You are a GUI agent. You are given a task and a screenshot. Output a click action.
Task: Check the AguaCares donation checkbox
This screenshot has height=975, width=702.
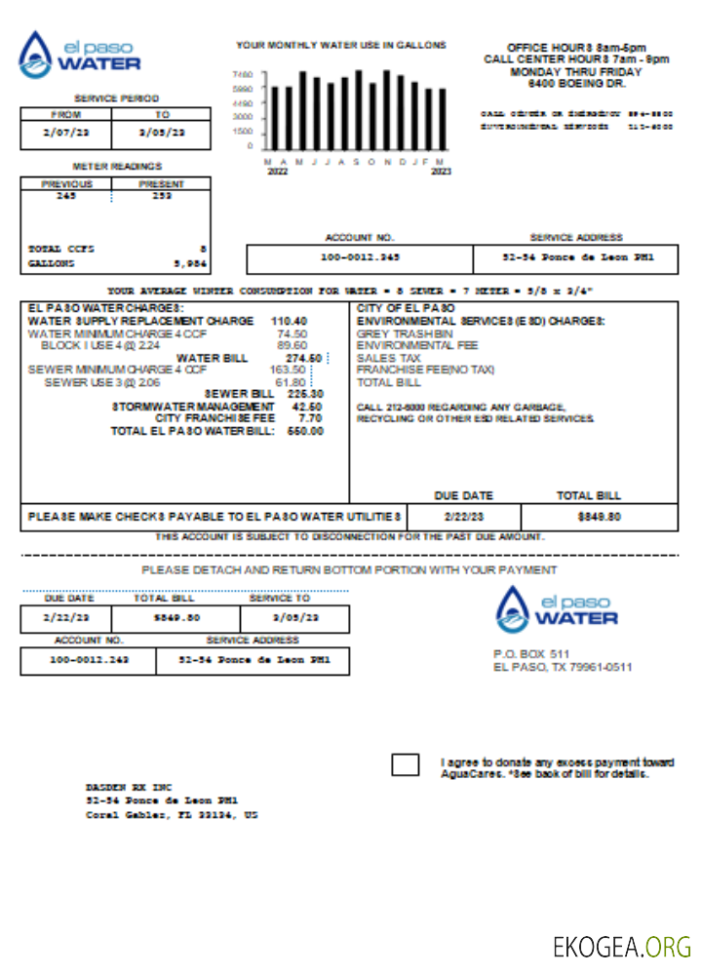[x=405, y=764]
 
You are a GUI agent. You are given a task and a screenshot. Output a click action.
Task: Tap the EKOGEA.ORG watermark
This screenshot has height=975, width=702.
[x=621, y=946]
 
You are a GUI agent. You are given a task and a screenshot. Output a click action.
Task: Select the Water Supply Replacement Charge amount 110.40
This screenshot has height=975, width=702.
[x=290, y=321]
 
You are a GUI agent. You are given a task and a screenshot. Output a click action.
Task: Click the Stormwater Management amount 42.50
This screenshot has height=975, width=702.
[x=307, y=407]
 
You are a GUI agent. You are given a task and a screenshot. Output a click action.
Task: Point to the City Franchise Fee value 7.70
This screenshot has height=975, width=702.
[x=311, y=418]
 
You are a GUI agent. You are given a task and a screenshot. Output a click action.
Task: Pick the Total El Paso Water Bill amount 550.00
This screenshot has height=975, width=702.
[x=305, y=431]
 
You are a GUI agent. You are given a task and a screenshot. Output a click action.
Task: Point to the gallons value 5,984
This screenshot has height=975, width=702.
[x=189, y=263]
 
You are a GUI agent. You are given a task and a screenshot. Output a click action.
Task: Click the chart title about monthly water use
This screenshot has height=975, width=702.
[x=341, y=45]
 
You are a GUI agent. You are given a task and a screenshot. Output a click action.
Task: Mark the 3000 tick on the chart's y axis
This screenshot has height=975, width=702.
[x=242, y=117]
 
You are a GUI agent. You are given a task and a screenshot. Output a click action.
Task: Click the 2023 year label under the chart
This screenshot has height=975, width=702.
[x=441, y=171]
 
